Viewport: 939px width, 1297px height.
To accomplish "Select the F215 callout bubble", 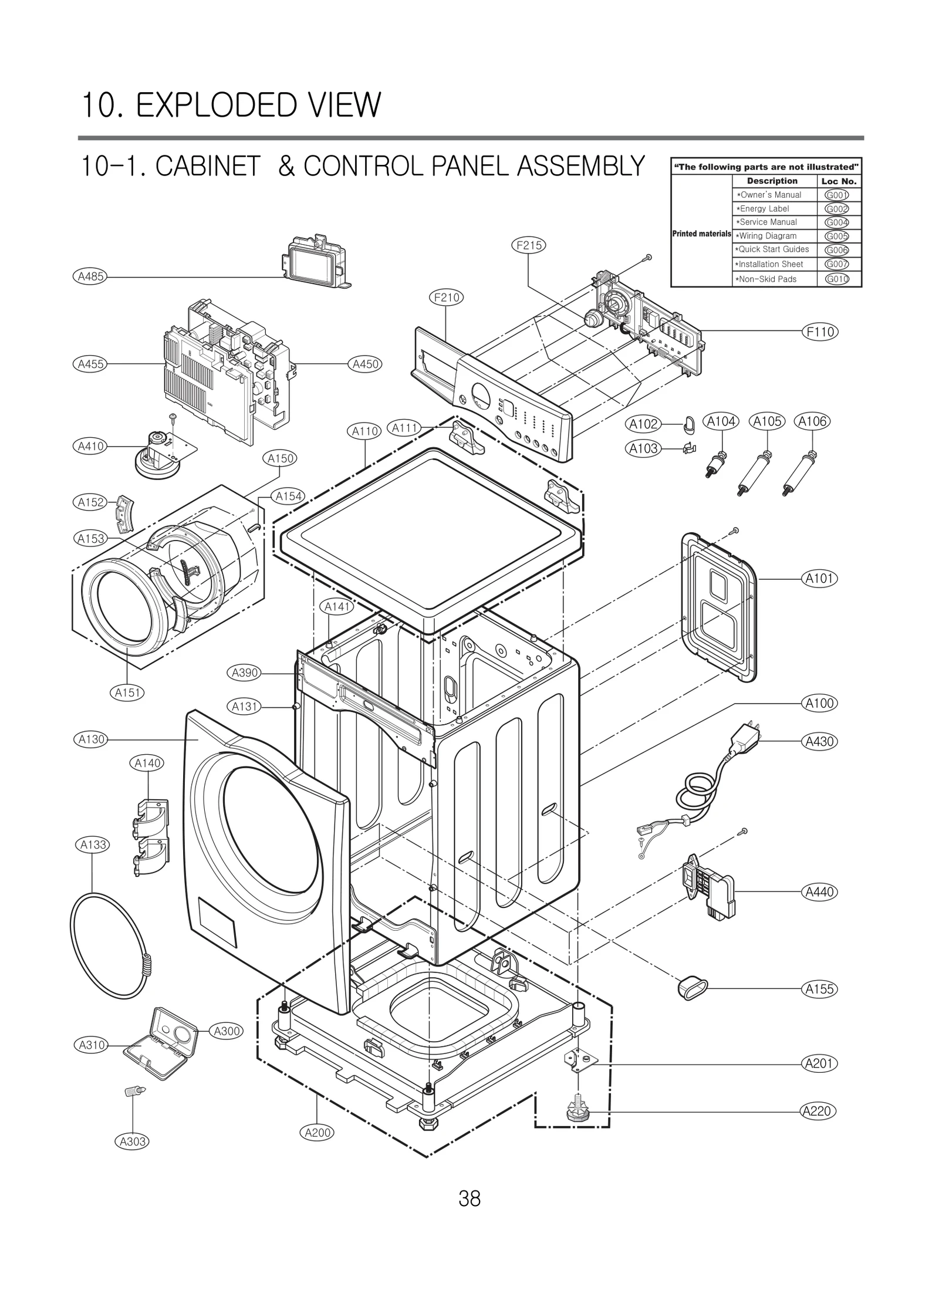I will pyautogui.click(x=529, y=245).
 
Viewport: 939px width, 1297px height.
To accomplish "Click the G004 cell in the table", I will pyautogui.click(x=837, y=222).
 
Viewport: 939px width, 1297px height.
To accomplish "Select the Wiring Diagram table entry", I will pyautogui.click(x=768, y=236).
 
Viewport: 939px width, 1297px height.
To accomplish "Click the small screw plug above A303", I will pyautogui.click(x=135, y=1092).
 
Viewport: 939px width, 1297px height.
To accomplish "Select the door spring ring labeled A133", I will pyautogui.click(x=109, y=944).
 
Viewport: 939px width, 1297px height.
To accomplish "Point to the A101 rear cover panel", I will pyautogui.click(x=718, y=607).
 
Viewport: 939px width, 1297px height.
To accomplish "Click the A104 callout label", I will pyautogui.click(x=721, y=421).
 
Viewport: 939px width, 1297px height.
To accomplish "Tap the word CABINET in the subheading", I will pyautogui.click(x=207, y=166).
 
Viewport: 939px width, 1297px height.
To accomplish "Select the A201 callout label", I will pyautogui.click(x=819, y=1063).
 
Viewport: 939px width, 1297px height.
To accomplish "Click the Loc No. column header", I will pyautogui.click(x=839, y=181).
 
